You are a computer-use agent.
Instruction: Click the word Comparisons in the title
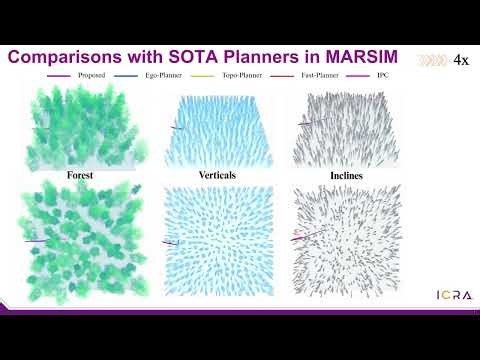[x=69, y=57]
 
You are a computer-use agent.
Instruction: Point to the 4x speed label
[x=461, y=60]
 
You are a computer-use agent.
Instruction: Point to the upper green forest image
[x=82, y=127]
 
